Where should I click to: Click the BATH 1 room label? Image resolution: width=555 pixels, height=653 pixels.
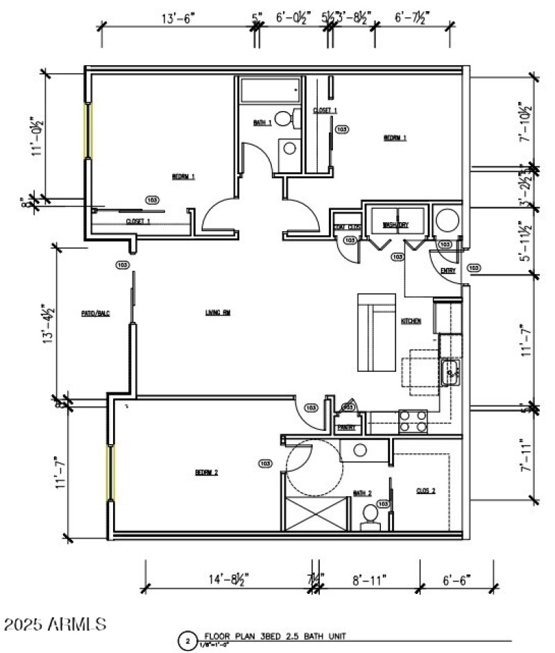coord(262,123)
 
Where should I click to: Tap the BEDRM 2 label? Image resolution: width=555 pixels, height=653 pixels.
coord(207,473)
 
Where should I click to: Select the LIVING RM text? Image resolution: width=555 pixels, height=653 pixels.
coord(217,312)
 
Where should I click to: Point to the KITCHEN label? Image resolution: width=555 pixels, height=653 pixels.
coord(411,321)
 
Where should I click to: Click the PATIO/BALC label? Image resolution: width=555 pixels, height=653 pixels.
coord(96,313)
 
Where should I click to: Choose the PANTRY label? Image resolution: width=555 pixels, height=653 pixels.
coord(346,427)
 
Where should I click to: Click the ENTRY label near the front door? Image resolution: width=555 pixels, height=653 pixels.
coord(447,271)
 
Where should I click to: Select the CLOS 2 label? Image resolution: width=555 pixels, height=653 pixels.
coord(426,491)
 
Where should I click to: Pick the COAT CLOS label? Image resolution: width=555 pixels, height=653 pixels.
coord(346,227)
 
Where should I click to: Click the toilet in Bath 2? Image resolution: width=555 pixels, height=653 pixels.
coord(370,515)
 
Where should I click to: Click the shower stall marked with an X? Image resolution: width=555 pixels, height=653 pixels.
coord(316,514)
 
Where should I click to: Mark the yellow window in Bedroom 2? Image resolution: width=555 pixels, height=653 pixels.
coord(110,473)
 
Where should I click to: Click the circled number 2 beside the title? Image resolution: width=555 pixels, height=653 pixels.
coord(186,641)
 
